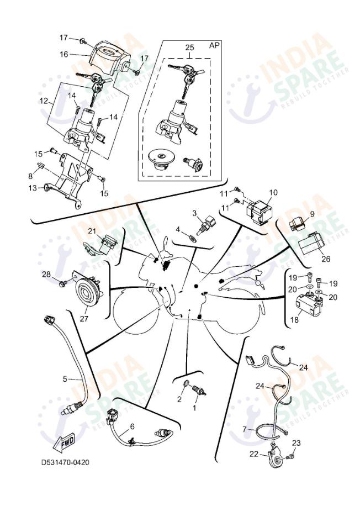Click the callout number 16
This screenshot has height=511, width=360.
63,54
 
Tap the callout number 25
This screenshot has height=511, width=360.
189,48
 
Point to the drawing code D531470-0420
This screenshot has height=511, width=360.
65,462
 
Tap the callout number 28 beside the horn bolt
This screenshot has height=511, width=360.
46,274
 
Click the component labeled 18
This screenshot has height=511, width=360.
310,307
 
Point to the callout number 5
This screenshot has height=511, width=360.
65,379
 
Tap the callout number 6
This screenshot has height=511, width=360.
132,426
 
